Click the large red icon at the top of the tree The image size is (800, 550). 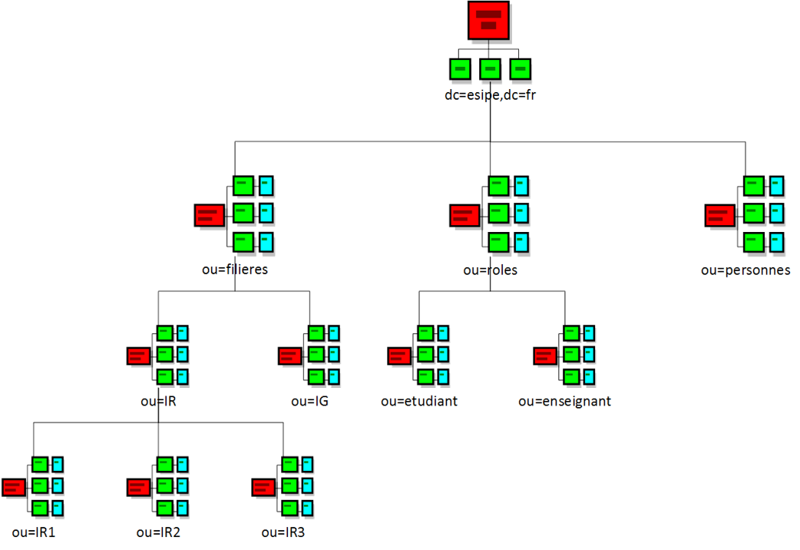489,20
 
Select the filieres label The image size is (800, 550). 234,270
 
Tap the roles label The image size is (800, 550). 490,270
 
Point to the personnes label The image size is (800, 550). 745,270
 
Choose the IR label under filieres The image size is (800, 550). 158,401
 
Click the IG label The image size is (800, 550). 309,401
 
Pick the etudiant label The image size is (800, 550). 419,401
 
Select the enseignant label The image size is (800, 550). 564,401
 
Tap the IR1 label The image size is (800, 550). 33,532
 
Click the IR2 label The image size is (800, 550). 158,532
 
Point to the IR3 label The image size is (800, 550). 283,532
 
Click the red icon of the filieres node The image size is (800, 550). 209,215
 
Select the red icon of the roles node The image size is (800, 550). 464,215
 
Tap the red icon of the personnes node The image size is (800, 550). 719,215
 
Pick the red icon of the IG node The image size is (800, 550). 289,356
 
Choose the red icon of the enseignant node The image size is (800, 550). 544,356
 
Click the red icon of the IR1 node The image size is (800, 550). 13,487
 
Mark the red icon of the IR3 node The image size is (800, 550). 263,487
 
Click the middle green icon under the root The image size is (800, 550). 490,69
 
